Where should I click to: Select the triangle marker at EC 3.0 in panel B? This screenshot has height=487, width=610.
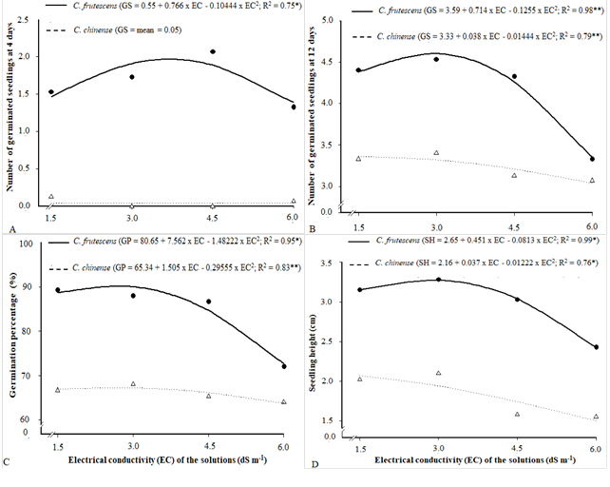coord(436,152)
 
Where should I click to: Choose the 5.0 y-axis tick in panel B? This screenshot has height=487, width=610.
coord(340,20)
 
